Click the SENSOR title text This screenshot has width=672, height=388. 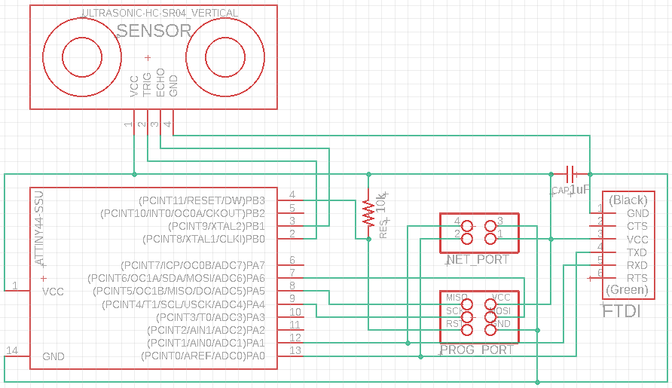pyautogui.click(x=154, y=31)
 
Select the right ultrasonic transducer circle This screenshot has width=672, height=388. pyautogui.click(x=226, y=57)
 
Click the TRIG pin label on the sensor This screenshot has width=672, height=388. pyautogui.click(x=148, y=83)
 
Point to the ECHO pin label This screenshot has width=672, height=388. pyautogui.click(x=160, y=83)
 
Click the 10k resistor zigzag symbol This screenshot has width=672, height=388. pyautogui.click(x=368, y=212)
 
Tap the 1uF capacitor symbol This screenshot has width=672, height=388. pyautogui.click(x=570, y=173)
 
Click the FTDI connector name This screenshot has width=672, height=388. pyautogui.click(x=622, y=310)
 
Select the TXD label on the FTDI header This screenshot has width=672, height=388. pyautogui.click(x=637, y=252)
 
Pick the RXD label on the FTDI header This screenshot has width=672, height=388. pyautogui.click(x=637, y=265)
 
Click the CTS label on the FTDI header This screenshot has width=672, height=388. pyautogui.click(x=637, y=226)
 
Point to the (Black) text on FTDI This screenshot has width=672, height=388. pyautogui.click(x=628, y=200)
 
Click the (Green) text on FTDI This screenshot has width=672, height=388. pyautogui.click(x=627, y=290)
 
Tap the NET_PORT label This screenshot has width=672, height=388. pyautogui.click(x=478, y=260)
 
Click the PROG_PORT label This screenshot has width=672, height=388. pyautogui.click(x=478, y=350)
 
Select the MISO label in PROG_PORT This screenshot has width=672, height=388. pyautogui.click(x=457, y=298)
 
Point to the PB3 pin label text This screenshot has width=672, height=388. pyautogui.click(x=256, y=200)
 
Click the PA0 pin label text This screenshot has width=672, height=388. pyautogui.click(x=256, y=356)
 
